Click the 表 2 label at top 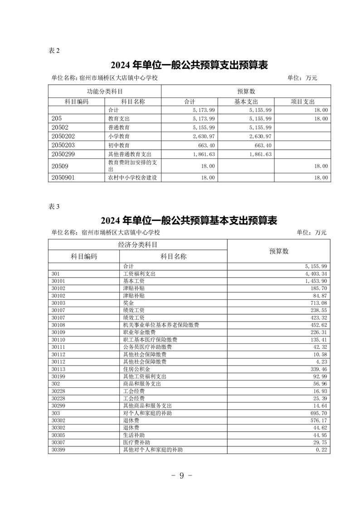54,50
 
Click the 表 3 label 54,206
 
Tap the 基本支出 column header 246,102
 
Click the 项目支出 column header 302,102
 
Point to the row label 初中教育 119,145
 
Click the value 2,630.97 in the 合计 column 204,136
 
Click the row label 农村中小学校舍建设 132,178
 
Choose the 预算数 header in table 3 279,251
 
